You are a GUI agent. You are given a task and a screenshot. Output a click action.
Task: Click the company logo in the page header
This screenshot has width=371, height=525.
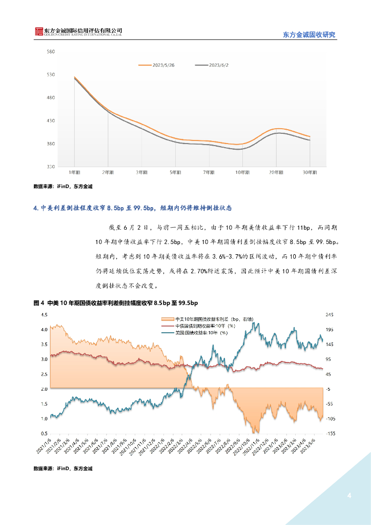pos(38,32)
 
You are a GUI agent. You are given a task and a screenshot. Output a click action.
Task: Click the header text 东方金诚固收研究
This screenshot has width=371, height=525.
pos(309,35)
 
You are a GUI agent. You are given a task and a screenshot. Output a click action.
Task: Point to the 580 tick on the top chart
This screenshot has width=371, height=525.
pos(51,52)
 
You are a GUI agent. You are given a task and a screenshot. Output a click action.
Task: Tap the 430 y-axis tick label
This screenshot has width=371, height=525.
pos(51,121)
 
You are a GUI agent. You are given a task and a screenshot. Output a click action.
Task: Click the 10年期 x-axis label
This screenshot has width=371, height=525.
pos(242,173)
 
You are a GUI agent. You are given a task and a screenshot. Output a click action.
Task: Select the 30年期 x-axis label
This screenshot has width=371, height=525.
pos(310,173)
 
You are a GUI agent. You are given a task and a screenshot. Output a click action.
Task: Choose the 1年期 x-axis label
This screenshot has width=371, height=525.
pos(74,173)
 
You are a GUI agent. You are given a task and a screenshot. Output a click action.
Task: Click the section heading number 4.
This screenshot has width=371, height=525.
pos(35,208)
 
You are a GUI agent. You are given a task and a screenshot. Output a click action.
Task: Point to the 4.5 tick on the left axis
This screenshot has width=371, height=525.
pos(44,314)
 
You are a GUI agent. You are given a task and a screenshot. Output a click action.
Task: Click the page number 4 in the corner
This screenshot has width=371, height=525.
pos(349,495)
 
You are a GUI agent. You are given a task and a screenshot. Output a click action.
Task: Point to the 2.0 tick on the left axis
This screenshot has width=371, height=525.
pos(44,389)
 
